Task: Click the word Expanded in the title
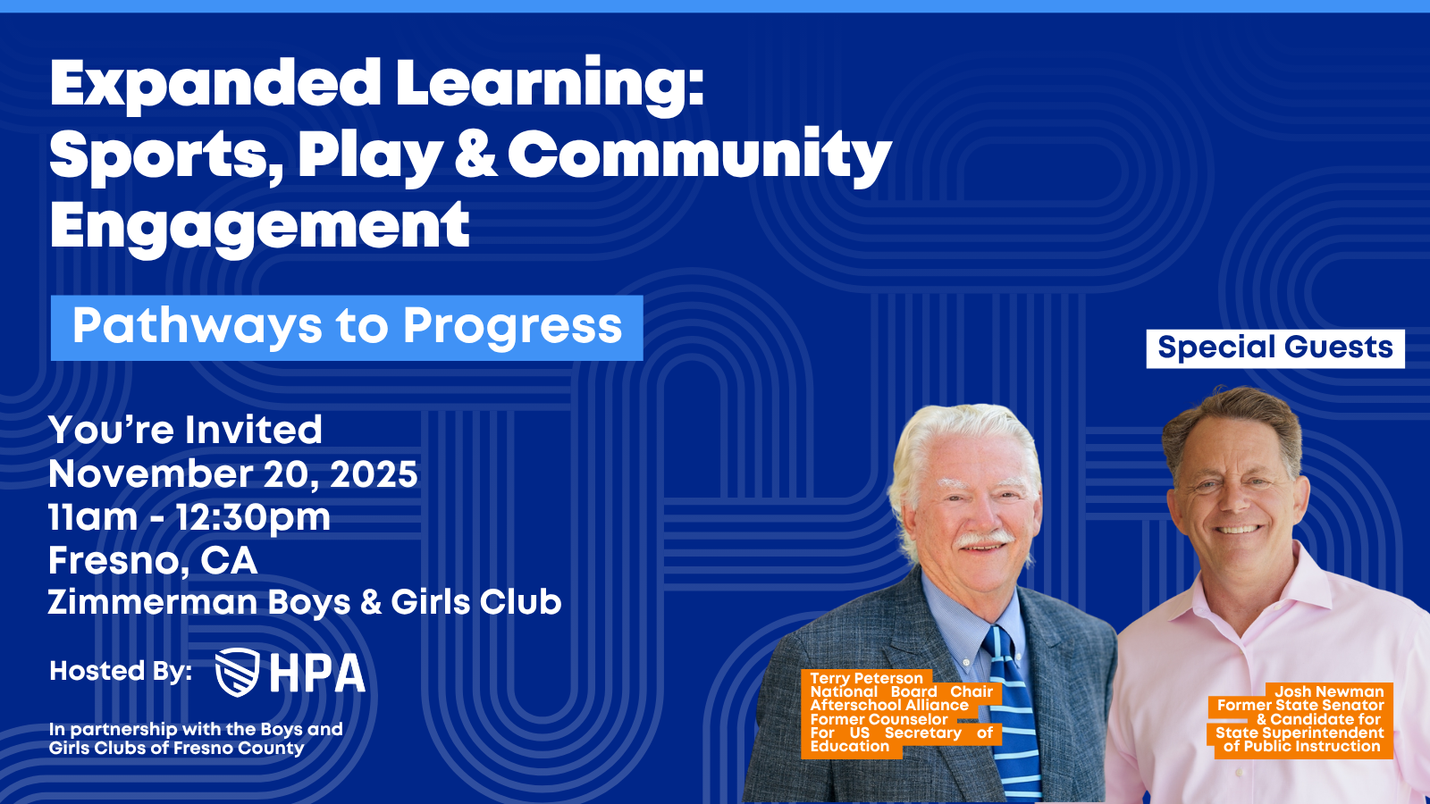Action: point(214,86)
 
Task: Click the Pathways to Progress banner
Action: point(347,328)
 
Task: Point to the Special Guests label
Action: point(1275,348)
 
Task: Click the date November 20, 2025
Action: point(233,474)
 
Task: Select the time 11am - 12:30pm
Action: point(189,517)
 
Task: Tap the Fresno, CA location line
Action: point(153,561)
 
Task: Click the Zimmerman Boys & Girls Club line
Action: point(305,602)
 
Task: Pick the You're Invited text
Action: point(185,430)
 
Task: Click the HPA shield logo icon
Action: point(237,672)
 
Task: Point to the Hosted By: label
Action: point(121,671)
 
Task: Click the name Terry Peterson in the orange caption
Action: point(866,678)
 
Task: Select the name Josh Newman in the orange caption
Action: point(1329,691)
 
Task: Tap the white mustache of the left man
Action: point(983,540)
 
